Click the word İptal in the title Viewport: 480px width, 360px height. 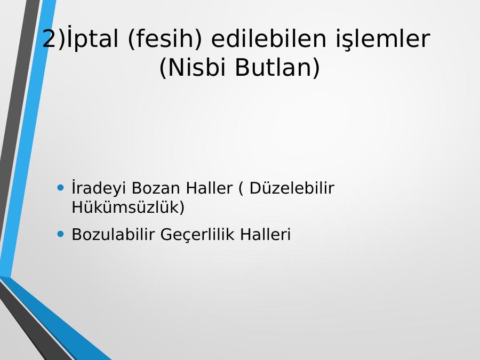coord(92,38)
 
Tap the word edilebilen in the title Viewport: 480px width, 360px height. coord(268,38)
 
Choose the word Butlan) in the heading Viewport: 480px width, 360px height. coord(277,67)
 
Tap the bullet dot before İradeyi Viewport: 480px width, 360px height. coord(61,187)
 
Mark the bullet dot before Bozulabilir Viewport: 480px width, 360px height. coord(61,234)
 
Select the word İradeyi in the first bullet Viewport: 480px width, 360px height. coord(99,188)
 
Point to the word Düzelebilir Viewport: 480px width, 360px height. coord(292,188)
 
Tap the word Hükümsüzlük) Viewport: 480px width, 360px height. coord(128,207)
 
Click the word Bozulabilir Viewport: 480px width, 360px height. coord(113,234)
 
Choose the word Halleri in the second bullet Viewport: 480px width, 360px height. coord(266,234)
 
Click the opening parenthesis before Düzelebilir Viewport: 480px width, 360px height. coord(241,188)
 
